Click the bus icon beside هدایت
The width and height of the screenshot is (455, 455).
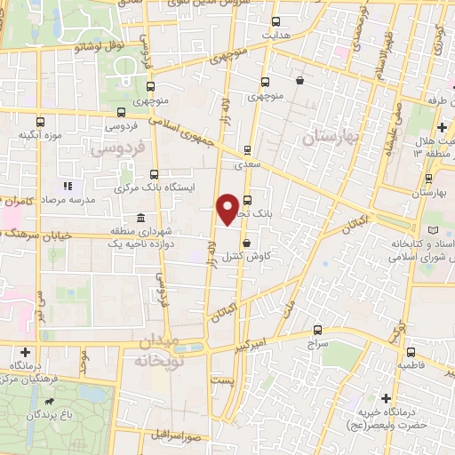(x=275, y=21)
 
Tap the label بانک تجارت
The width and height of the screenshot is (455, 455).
(x=259, y=214)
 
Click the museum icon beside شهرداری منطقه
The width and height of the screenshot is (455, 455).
(x=140, y=218)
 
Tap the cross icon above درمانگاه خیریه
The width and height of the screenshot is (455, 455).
(x=385, y=398)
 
